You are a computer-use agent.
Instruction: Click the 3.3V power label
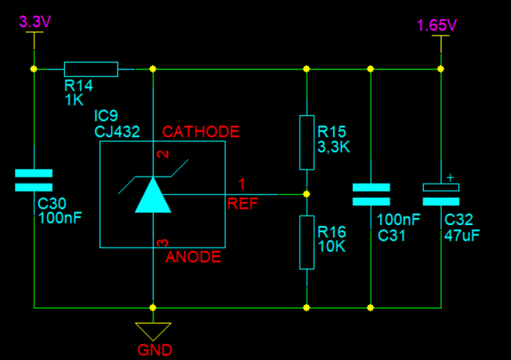point(35,22)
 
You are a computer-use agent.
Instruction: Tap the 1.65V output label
point(437,26)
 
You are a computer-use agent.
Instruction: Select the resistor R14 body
point(91,69)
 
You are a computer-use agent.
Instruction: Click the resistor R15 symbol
point(307,142)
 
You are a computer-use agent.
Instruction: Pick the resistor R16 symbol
point(307,243)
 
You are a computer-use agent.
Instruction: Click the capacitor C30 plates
point(34,180)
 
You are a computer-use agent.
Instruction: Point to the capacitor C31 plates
point(371,195)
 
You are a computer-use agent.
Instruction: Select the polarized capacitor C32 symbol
point(441,195)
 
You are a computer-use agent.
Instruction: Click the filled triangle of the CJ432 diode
point(153,196)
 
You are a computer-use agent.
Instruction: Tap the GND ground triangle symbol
point(153,330)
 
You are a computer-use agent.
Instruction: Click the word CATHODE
point(201,132)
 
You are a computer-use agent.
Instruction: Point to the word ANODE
point(193,257)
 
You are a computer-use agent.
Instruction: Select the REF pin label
point(243,204)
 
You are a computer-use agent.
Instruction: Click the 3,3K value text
point(334,147)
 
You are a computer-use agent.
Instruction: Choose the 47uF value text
point(461,235)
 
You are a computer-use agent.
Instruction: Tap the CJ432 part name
point(117,132)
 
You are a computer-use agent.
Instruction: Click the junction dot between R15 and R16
point(307,194)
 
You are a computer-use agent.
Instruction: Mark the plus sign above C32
point(450,178)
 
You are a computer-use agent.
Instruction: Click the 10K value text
point(332,247)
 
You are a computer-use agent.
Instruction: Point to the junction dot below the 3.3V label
point(34,69)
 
